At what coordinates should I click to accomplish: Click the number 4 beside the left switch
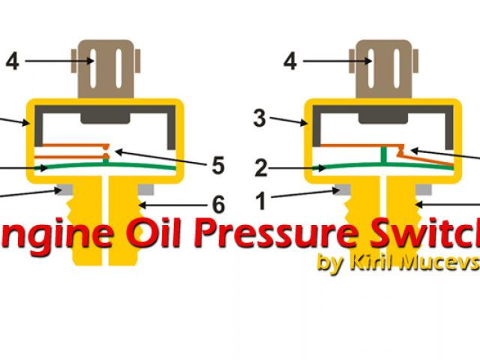coord(13,61)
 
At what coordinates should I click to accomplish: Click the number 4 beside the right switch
coord(290,61)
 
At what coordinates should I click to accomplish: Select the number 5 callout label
coord(217,166)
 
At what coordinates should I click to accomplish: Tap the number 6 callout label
coord(217,204)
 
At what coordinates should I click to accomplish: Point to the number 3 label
coord(259,118)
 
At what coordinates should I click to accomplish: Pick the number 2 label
coord(261,169)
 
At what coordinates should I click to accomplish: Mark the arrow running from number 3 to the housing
coord(289,121)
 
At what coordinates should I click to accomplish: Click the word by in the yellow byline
coord(328,264)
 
